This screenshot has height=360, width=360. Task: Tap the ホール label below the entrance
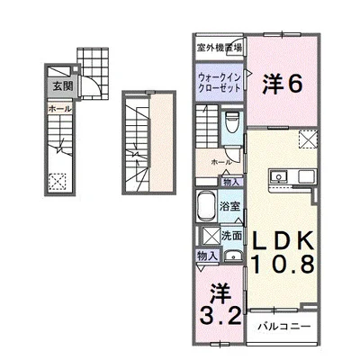coord(54,106)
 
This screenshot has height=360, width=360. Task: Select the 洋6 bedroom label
coord(282,84)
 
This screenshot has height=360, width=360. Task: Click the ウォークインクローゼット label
coord(218,83)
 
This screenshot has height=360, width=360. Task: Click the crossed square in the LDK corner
coord(308,139)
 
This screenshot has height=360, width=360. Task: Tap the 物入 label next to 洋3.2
coord(206,256)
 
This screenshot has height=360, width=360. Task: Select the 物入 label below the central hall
coord(231,182)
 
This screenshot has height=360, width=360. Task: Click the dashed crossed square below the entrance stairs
coord(59,181)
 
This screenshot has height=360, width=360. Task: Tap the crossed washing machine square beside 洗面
coord(210,237)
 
